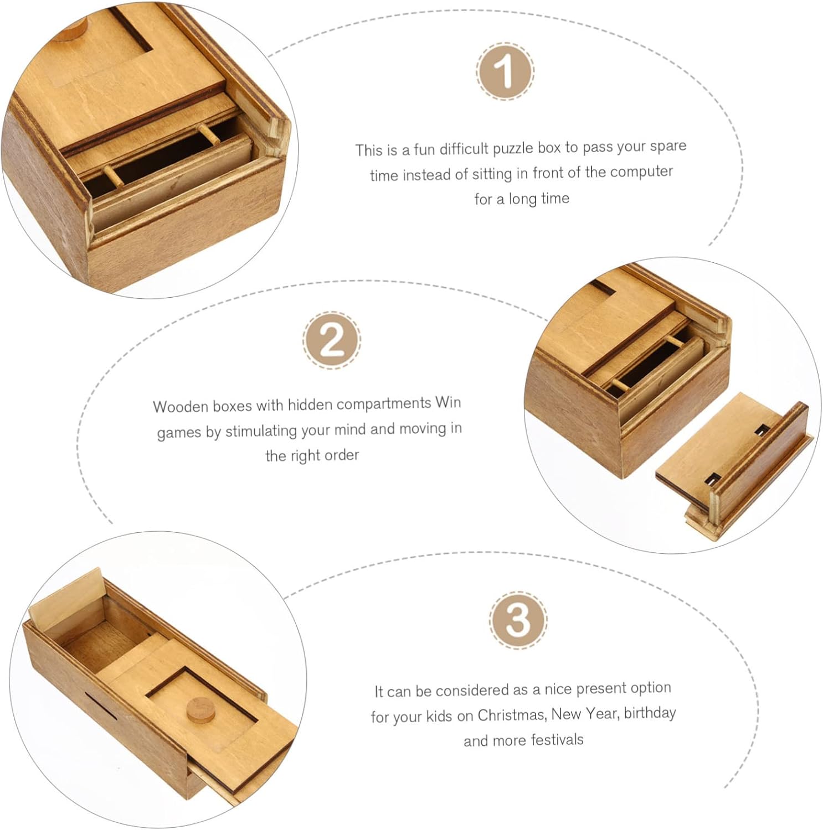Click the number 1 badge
(505, 71)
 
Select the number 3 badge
(518, 620)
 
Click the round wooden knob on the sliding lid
(201, 710)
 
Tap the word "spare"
(668, 147)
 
